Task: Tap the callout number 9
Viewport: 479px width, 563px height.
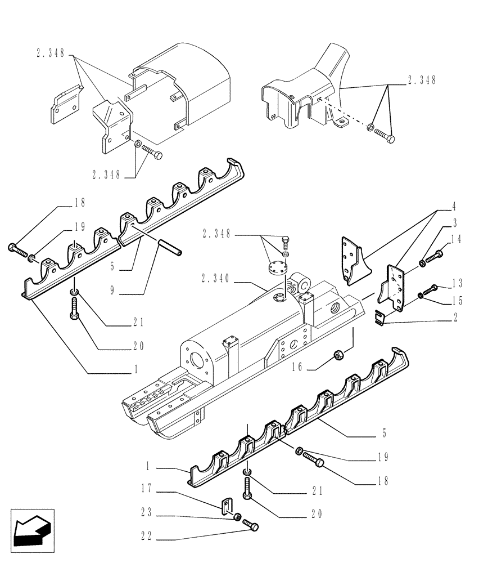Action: pos(114,291)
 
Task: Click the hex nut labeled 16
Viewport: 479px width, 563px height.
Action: pos(340,355)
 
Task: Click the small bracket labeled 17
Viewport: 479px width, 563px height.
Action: pos(226,505)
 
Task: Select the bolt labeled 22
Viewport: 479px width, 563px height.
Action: pos(251,526)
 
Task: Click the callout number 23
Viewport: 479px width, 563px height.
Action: pos(147,513)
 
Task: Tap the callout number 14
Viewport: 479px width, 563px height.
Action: pos(455,239)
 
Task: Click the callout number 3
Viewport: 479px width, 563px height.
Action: pos(454,223)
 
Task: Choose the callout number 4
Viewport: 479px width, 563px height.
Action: pos(454,207)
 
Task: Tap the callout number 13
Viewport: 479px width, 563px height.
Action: pos(455,283)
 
